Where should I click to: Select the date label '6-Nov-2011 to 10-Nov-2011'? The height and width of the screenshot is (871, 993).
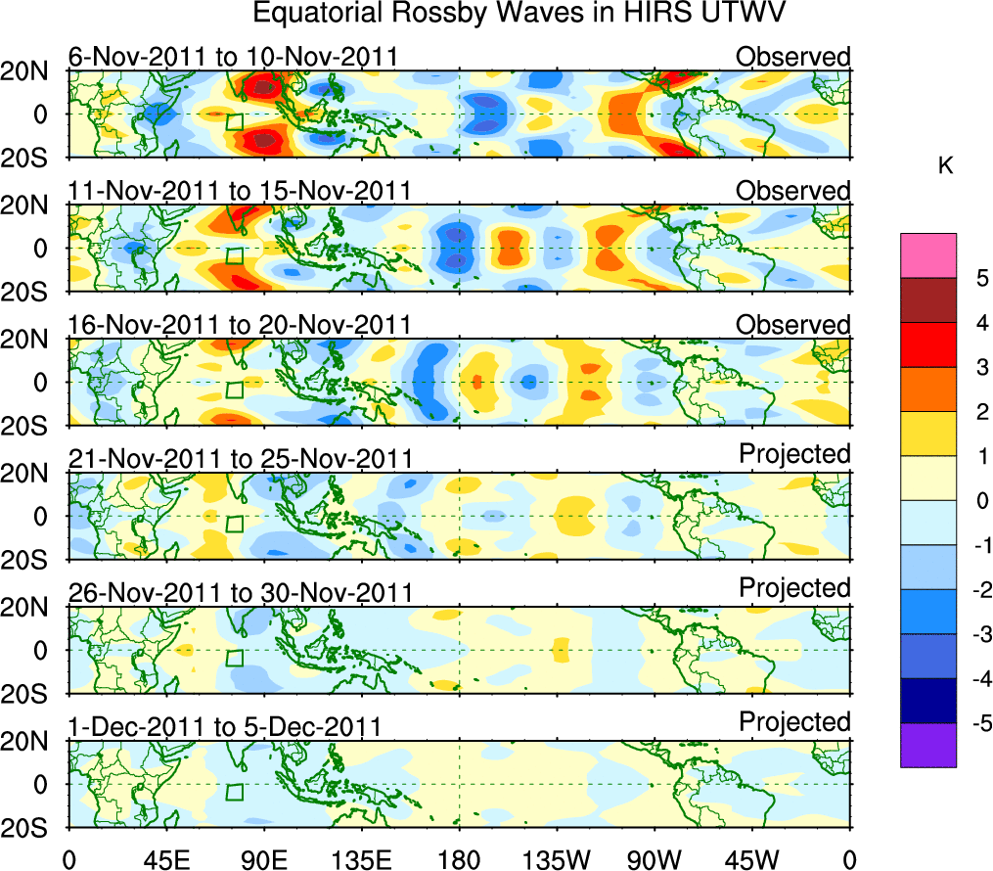(233, 57)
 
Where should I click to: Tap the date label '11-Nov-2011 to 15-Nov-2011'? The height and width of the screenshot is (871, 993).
(239, 190)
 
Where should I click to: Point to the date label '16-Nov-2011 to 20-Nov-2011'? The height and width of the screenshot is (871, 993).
(239, 324)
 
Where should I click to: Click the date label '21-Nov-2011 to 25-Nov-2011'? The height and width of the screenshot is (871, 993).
(239, 458)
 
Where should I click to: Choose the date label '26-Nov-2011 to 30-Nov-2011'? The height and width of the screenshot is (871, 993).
(239, 592)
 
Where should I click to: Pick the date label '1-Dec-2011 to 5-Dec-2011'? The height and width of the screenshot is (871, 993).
(224, 726)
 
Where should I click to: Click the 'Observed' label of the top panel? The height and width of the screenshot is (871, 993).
(793, 57)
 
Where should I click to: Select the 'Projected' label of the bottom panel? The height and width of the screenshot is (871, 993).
(794, 722)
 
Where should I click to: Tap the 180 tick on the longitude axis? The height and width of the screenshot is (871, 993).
(459, 858)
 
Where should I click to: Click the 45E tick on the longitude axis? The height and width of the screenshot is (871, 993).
(165, 858)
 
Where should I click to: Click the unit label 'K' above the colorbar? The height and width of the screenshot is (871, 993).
(946, 167)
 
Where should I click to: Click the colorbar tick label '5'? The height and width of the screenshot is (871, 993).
(980, 278)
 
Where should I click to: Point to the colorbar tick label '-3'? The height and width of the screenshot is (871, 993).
(977, 634)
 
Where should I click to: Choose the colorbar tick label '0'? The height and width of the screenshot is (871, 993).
(980, 501)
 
